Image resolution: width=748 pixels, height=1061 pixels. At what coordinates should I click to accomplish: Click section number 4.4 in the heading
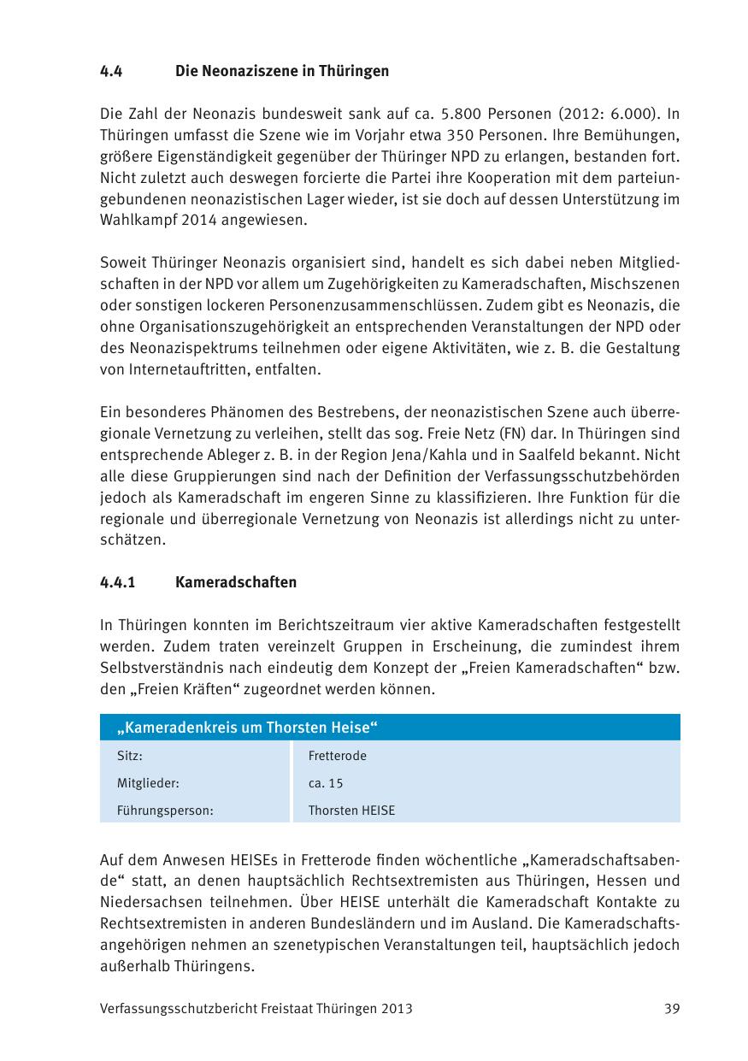[x=111, y=71]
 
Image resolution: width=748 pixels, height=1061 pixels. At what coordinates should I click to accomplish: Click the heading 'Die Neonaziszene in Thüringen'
[x=281, y=71]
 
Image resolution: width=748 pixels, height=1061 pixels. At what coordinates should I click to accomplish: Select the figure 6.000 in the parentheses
[x=626, y=114]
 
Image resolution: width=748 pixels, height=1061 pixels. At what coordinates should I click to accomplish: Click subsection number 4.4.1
[x=118, y=582]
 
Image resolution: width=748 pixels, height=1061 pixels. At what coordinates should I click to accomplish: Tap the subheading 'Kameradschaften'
[x=235, y=582]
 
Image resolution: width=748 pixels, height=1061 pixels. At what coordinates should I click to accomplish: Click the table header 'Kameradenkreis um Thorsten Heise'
[x=248, y=728]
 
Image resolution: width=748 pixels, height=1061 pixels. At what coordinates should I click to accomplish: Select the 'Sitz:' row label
[x=129, y=756]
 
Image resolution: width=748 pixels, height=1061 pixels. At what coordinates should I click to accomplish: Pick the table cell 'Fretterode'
[x=337, y=756]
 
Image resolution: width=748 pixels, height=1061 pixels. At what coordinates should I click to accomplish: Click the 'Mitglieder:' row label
[x=148, y=783]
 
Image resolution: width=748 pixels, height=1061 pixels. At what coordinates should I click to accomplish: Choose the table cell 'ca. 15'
[x=325, y=783]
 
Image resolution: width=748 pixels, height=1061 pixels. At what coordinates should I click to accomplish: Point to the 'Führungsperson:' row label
[x=164, y=810]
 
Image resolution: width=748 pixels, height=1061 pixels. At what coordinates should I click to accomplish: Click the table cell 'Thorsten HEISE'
[x=351, y=810]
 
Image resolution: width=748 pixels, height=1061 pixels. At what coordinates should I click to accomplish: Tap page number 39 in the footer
[x=672, y=1009]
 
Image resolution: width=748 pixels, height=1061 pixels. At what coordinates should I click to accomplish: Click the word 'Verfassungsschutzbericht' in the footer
[x=174, y=1009]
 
